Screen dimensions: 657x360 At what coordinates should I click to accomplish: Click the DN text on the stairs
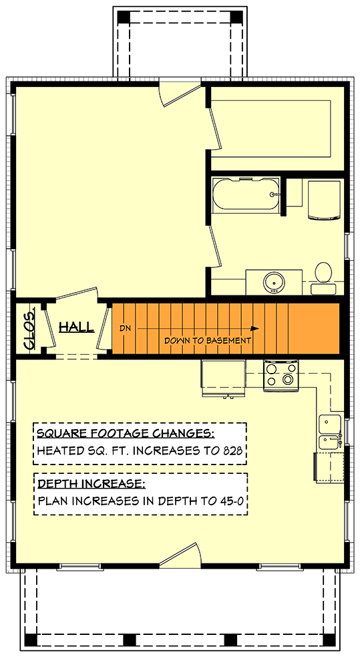[126, 328]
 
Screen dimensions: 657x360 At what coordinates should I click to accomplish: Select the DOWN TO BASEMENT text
[208, 340]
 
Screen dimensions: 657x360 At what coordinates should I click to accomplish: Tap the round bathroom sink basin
[273, 282]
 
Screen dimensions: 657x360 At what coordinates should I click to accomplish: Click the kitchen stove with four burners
[281, 375]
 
